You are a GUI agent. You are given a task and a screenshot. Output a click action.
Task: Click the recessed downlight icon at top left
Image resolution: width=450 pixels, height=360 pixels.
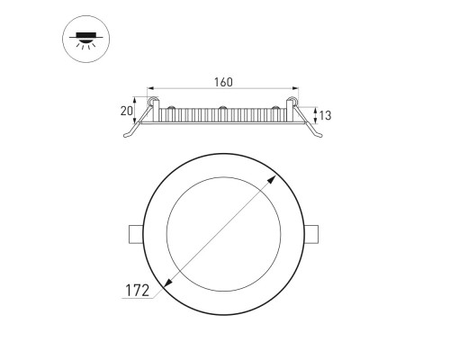point(85,41)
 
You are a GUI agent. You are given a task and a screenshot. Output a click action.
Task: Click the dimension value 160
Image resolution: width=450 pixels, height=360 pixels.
point(224,83)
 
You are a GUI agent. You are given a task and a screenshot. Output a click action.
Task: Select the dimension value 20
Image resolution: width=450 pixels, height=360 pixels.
point(128,111)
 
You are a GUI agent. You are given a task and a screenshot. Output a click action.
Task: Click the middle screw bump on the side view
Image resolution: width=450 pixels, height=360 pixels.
point(222,110)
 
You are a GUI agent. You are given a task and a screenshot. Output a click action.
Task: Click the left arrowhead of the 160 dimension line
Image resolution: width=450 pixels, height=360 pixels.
point(154,90)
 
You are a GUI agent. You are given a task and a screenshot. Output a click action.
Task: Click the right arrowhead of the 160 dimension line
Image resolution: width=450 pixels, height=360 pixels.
point(293,90)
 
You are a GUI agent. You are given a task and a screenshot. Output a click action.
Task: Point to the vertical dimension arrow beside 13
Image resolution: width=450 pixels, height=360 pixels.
point(301,113)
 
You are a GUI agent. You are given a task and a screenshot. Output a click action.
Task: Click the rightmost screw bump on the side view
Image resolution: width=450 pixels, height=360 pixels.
point(272,110)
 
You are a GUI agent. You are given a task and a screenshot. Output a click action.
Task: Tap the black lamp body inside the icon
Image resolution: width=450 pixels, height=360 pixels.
point(85,37)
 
